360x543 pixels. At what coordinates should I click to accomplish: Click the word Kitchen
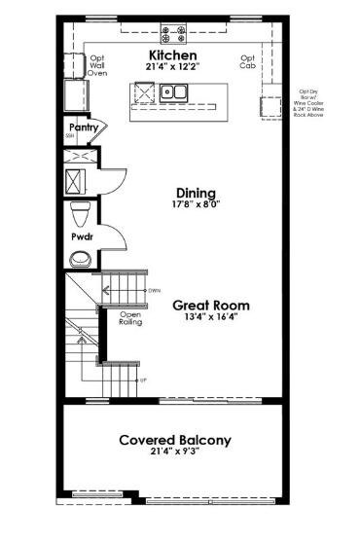(x=172, y=56)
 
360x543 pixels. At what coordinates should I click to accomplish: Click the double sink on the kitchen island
(x=175, y=93)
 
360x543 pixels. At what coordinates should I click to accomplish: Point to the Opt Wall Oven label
(x=97, y=65)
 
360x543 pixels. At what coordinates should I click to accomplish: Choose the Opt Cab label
(x=248, y=61)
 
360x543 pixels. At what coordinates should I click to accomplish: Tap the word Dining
(x=195, y=193)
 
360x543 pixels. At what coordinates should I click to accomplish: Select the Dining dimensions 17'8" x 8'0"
(x=195, y=205)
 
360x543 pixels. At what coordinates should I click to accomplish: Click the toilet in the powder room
(x=82, y=213)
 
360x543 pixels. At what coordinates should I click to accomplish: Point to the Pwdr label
(x=81, y=236)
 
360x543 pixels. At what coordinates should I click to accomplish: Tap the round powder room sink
(x=80, y=259)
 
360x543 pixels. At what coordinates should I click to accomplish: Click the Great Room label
(x=205, y=304)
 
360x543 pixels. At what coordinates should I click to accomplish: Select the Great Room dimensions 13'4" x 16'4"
(x=205, y=316)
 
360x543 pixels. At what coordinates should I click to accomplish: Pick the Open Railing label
(x=131, y=318)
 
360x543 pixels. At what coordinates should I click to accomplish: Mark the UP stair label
(x=143, y=380)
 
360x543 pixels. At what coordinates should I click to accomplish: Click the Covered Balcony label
(x=175, y=440)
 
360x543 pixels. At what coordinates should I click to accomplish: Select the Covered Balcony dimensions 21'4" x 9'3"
(x=175, y=453)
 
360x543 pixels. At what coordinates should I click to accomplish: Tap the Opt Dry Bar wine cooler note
(x=314, y=101)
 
